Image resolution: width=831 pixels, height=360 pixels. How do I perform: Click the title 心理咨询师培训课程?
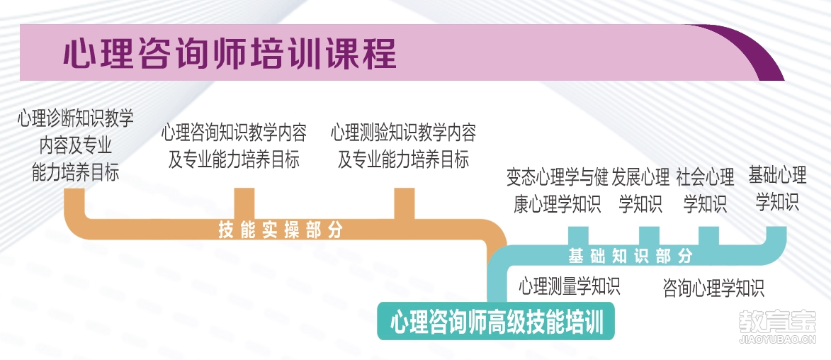(230, 54)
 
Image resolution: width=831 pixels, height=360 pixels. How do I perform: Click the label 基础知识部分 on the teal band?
(630, 256)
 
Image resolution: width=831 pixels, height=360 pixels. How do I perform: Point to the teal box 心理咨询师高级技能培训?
(496, 321)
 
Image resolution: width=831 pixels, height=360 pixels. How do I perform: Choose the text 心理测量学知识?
(569, 286)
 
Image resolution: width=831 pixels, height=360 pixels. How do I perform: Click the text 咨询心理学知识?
(713, 288)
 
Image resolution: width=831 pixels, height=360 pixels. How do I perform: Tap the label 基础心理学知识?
(777, 189)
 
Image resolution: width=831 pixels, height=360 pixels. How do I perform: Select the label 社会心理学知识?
(705, 191)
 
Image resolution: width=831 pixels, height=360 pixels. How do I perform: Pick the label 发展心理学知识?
(640, 191)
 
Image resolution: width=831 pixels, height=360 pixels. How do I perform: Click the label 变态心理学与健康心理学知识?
(557, 191)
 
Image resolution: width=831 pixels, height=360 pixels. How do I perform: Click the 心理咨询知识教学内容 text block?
(234, 145)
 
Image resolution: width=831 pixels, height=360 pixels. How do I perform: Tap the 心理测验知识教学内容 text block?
(403, 145)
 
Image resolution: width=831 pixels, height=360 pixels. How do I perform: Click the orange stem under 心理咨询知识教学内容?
(244, 203)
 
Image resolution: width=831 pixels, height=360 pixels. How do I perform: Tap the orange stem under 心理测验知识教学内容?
(405, 203)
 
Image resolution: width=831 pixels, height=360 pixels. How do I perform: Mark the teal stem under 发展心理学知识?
(649, 236)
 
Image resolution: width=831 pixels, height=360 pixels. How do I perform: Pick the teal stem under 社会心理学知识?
(708, 236)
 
